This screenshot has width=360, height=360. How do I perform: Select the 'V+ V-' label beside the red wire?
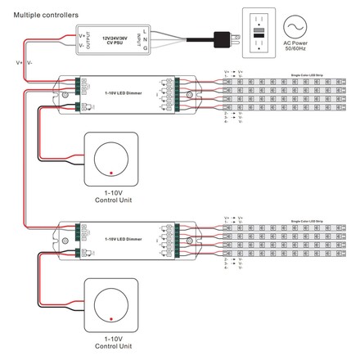pos(24,61)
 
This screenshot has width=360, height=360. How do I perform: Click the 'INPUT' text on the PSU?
pos(146,38)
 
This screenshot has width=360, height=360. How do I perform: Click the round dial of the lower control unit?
pos(110,304)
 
